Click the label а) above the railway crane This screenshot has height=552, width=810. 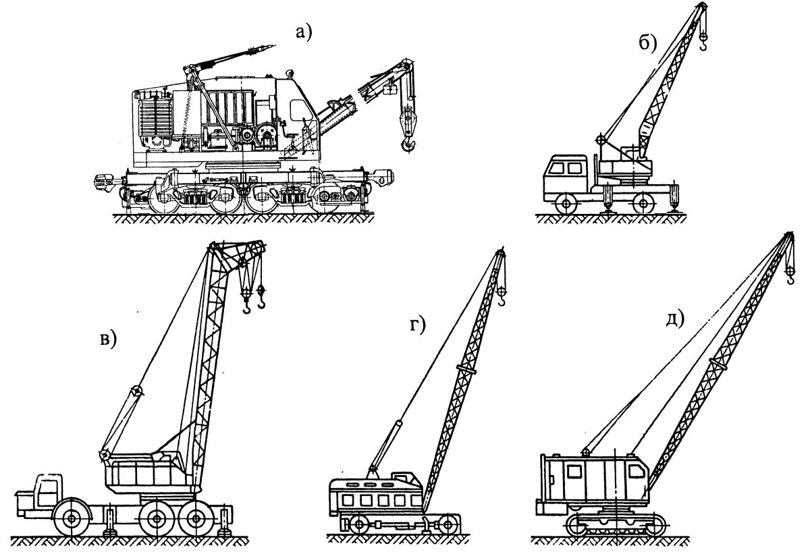point(303,32)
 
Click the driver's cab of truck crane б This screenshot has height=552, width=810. point(566,177)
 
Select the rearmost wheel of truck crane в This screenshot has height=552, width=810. point(196,519)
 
